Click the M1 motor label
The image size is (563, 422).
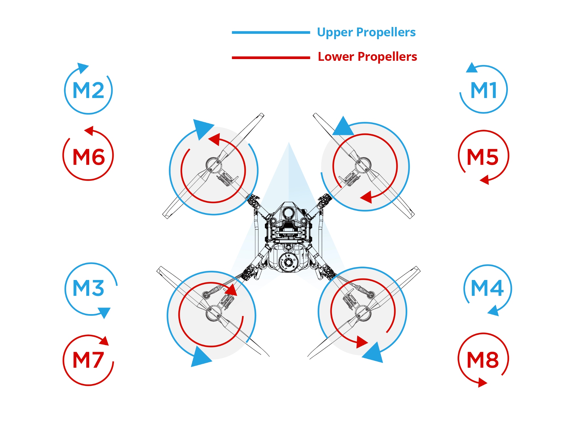point(484,90)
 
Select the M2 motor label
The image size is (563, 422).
point(88,90)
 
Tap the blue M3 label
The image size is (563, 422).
point(88,288)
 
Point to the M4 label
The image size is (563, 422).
point(487,288)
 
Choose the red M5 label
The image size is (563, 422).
point(483,157)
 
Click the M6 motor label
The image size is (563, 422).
point(89,157)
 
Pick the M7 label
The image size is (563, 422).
point(88,360)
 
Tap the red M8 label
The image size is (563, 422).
point(483,360)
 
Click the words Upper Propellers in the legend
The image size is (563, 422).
point(366,32)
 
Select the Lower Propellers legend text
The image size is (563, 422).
point(367,57)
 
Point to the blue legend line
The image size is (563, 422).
point(271,33)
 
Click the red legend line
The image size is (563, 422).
point(271,58)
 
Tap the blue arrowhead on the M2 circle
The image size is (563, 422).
point(82,68)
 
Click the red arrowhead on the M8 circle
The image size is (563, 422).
point(482,382)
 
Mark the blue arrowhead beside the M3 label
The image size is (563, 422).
point(105,312)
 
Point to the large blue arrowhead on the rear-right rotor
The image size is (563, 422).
point(374,353)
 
